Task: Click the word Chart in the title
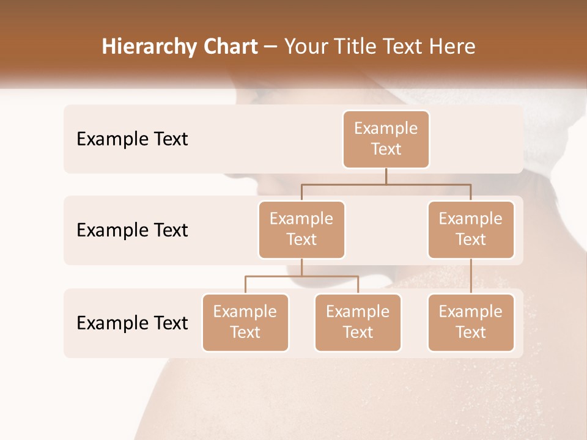click(x=227, y=47)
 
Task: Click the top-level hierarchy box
click(x=386, y=139)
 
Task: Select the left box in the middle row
click(x=301, y=230)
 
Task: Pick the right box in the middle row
click(x=471, y=230)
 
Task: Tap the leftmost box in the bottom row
click(x=245, y=323)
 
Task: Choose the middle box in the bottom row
click(x=358, y=323)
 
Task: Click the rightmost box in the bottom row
click(x=471, y=323)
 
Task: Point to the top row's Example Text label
click(x=132, y=139)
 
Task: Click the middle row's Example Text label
click(x=132, y=230)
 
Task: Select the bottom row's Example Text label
click(x=132, y=323)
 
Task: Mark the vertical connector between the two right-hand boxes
click(x=471, y=276)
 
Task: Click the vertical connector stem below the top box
click(x=386, y=176)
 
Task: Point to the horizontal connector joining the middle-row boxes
click(x=386, y=183)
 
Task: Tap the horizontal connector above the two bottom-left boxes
click(x=301, y=276)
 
